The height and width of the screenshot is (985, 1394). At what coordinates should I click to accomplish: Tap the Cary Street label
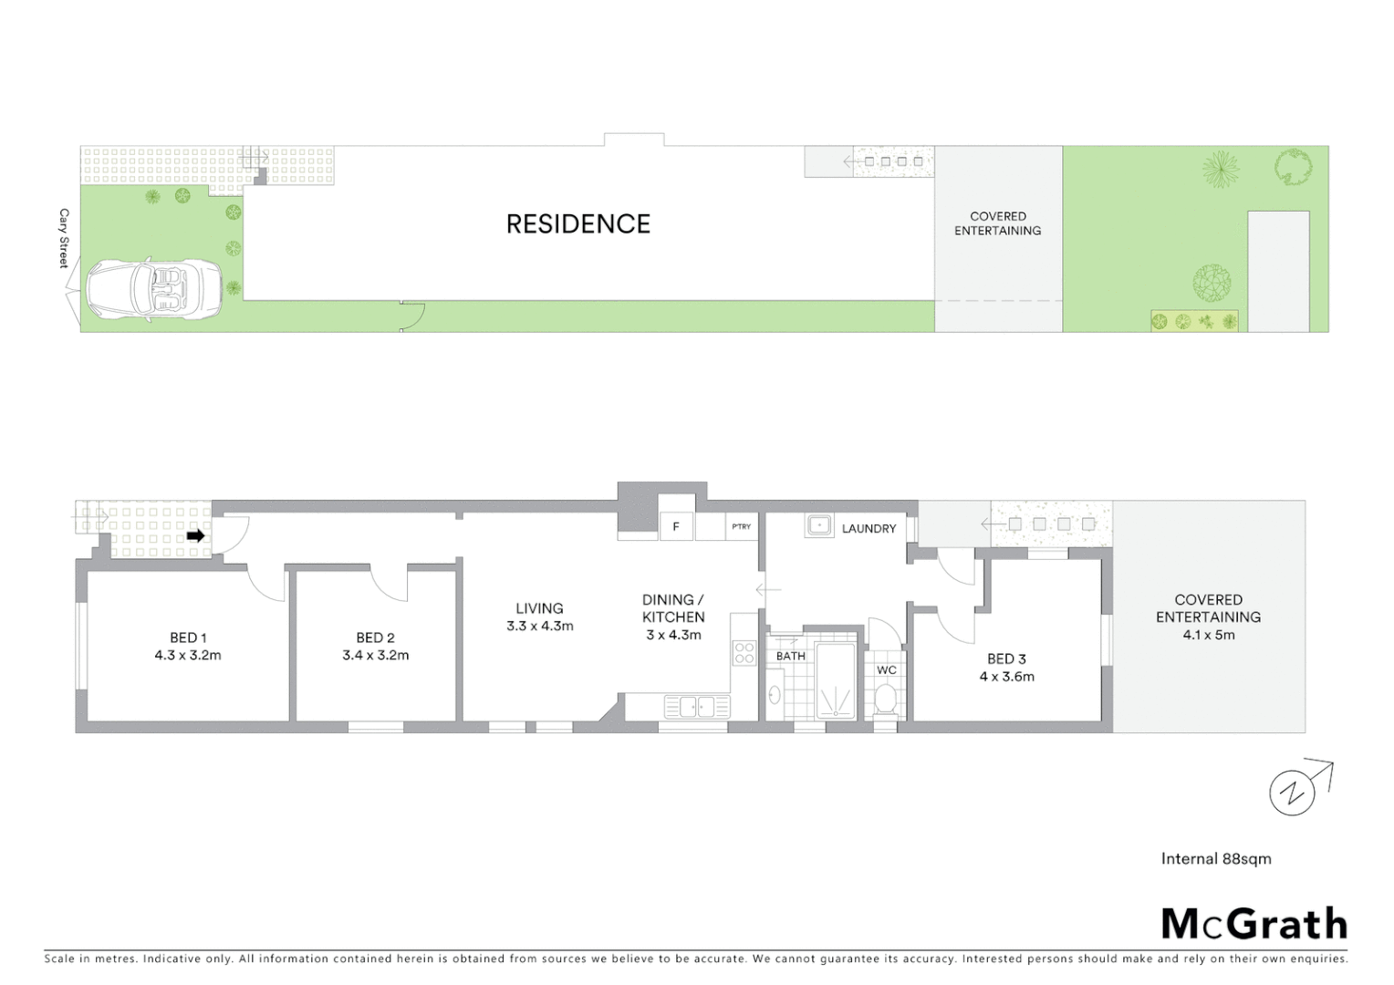64,239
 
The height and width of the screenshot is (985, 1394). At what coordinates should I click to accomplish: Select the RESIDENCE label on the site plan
578,224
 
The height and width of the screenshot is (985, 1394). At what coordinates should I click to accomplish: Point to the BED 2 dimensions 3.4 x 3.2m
375,655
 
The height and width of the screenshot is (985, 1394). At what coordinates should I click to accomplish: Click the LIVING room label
539,608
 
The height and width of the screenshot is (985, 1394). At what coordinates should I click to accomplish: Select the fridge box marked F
676,527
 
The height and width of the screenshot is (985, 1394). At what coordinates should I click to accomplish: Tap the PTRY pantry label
741,527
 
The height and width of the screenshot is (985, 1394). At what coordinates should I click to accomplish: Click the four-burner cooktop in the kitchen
744,652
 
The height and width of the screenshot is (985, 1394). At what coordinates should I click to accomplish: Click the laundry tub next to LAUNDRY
818,525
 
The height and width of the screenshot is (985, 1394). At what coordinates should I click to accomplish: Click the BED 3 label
1006,658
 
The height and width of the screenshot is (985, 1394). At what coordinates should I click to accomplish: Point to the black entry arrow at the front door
195,536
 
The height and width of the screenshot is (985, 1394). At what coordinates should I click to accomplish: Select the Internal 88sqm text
1216,858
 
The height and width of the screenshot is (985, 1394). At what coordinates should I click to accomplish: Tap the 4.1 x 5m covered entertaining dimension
1208,635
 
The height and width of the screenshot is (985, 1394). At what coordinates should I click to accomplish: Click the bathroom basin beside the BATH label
775,696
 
